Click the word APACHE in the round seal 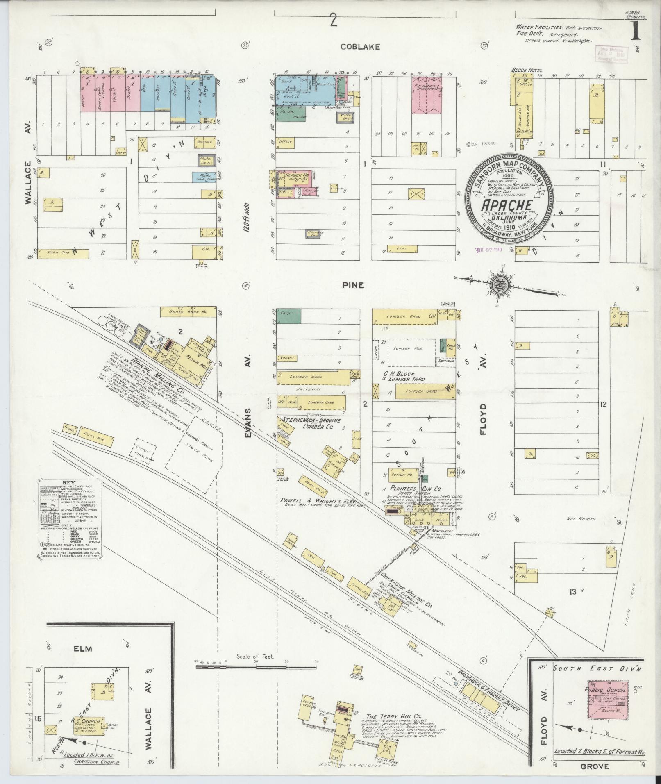point(507,205)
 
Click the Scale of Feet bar point(257,668)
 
